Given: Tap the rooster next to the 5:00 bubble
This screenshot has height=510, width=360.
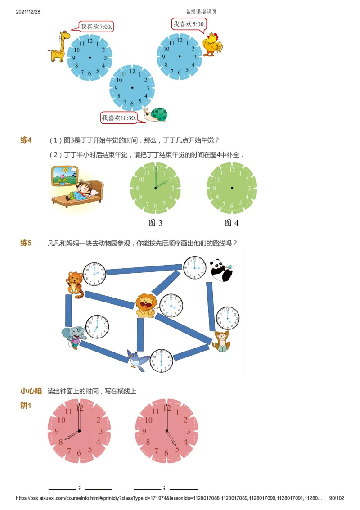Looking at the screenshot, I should [x=212, y=44].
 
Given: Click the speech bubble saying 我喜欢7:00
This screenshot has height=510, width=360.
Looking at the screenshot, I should [x=96, y=27].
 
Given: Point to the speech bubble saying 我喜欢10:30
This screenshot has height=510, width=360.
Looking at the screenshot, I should [x=118, y=118].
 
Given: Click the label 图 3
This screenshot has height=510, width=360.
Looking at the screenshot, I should [x=155, y=222].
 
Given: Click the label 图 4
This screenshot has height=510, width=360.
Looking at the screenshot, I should [x=232, y=222].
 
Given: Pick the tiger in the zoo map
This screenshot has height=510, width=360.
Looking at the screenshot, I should [x=76, y=284].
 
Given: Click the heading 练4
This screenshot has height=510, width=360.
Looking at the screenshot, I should [x=26, y=140].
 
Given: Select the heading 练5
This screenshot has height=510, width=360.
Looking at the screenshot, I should [x=26, y=243].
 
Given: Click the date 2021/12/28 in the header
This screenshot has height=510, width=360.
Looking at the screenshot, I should [x=28, y=11].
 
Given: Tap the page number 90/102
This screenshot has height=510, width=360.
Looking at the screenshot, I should [x=337, y=498].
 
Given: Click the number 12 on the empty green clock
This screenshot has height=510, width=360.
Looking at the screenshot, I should [x=232, y=170].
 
